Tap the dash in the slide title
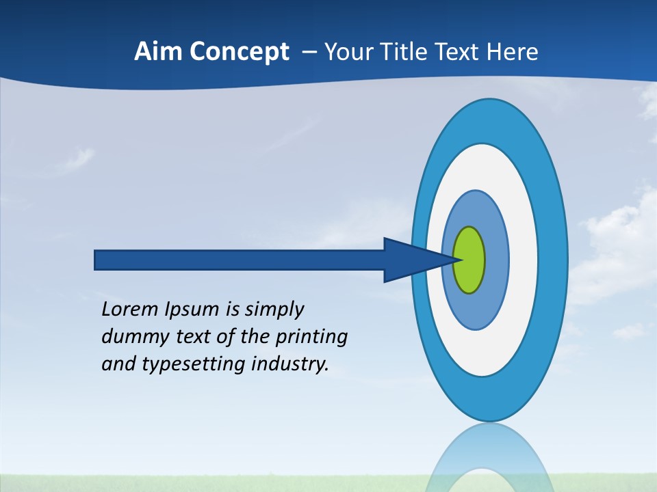309,52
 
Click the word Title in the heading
407,52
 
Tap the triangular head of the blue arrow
411,260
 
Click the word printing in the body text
311,338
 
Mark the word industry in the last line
290,364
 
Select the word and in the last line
118,364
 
